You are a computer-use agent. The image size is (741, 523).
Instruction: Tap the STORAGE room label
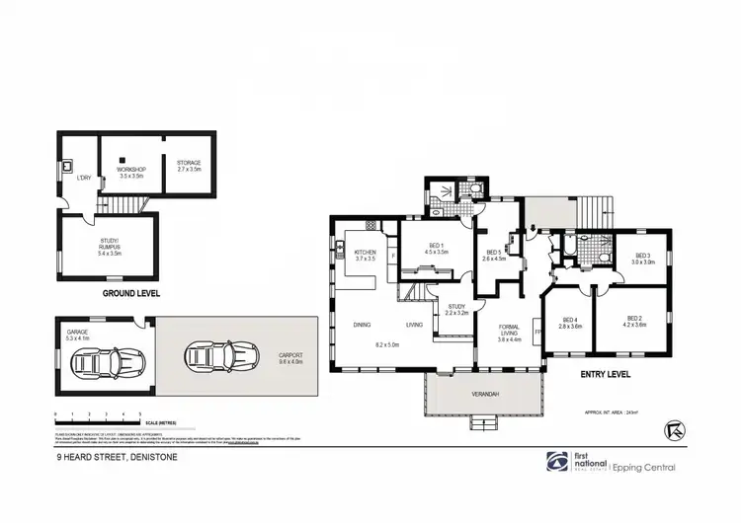click(x=189, y=163)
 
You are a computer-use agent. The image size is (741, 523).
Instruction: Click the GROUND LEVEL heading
click(x=131, y=293)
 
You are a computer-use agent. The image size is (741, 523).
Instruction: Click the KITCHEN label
click(x=365, y=253)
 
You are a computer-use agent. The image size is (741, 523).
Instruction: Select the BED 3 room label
click(x=644, y=256)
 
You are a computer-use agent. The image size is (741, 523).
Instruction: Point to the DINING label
click(x=362, y=324)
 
